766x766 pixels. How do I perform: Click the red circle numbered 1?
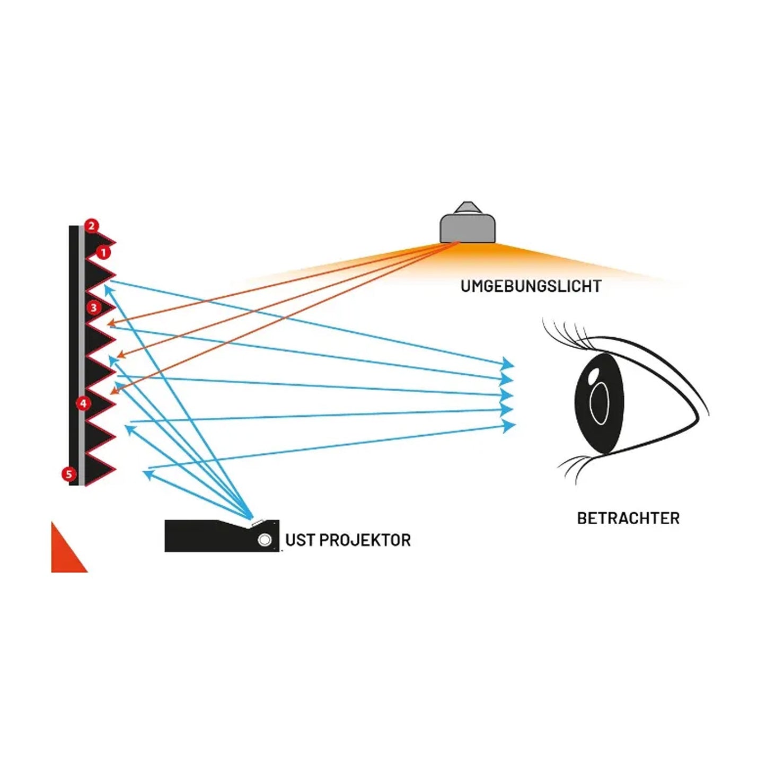coord(103,252)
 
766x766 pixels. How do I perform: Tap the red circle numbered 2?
coord(92,226)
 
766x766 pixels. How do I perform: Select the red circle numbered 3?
coord(94,307)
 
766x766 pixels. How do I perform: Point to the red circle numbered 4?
coord(83,403)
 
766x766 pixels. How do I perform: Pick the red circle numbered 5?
coord(68,473)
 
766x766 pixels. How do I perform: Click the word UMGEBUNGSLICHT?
coord(531,286)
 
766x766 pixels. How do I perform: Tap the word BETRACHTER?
coord(628,518)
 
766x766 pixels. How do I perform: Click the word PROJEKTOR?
coord(365,540)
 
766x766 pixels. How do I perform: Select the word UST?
coord(301,540)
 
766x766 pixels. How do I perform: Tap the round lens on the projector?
coord(265,540)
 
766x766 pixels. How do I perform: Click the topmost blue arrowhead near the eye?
coord(508,364)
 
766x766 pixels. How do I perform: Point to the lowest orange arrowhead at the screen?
coord(113,391)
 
